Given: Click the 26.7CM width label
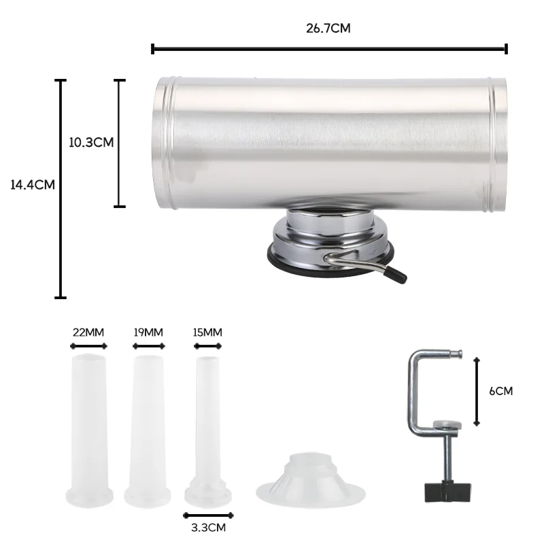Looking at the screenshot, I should pyautogui.click(x=328, y=29).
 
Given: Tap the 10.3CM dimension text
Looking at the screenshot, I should pyautogui.click(x=91, y=142).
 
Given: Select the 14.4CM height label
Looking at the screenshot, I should pyautogui.click(x=32, y=184).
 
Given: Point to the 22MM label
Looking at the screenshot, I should pyautogui.click(x=88, y=333).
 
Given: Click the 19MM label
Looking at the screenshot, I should pyautogui.click(x=148, y=333).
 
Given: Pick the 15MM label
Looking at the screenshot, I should pyautogui.click(x=207, y=333).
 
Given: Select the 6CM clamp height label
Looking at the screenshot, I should pyautogui.click(x=501, y=391).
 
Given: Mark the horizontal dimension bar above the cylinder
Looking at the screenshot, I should pyautogui.click(x=329, y=48).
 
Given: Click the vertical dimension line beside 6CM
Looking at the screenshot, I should pyautogui.click(x=477, y=391).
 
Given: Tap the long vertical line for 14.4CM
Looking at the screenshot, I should pyautogui.click(x=61, y=188).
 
